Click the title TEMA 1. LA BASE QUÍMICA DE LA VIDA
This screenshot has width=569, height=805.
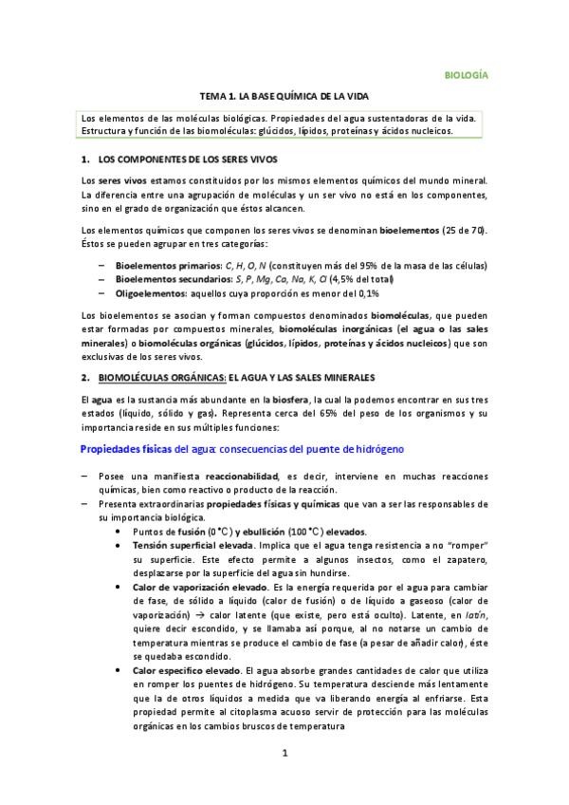[284, 97]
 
